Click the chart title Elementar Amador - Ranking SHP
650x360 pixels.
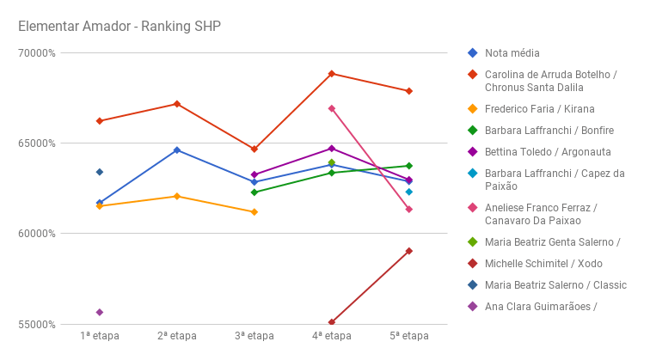[120, 26]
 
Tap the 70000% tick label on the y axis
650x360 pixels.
[37, 52]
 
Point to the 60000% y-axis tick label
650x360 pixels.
[37, 234]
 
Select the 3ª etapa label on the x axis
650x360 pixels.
[254, 336]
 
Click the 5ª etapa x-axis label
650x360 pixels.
[408, 336]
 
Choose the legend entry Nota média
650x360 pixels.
[512, 53]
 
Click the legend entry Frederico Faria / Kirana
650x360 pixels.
[539, 109]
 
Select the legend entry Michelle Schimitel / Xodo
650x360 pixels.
[543, 264]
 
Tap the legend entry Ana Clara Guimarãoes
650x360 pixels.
[541, 307]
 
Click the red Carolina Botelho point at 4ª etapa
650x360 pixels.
[332, 74]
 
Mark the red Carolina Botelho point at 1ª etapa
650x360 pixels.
[100, 121]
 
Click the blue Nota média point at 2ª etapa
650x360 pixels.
[177, 150]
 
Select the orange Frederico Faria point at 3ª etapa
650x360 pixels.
[254, 212]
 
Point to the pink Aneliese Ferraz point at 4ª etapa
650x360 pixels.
[332, 109]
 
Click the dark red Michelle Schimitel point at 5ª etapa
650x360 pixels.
[409, 251]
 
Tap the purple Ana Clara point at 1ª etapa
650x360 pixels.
[100, 312]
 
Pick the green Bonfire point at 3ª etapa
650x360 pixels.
[254, 192]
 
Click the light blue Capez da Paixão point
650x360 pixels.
[409, 192]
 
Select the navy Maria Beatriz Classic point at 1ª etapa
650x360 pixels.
[100, 172]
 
